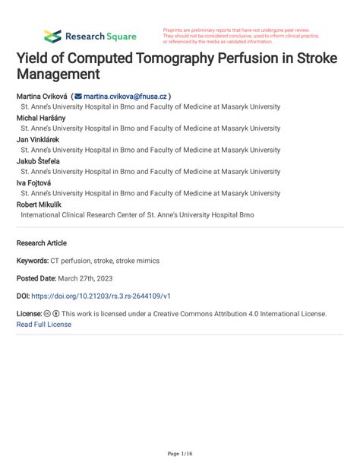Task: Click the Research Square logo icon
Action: tap(52, 36)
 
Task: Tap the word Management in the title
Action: tap(58, 75)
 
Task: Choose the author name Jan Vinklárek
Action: tap(38, 139)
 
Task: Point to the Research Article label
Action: tap(41, 243)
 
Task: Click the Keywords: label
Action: tap(37, 261)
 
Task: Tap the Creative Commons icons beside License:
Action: tap(52, 313)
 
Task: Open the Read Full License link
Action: tap(44, 324)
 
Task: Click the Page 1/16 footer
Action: tap(180, 453)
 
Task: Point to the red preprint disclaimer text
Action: tap(242, 36)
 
